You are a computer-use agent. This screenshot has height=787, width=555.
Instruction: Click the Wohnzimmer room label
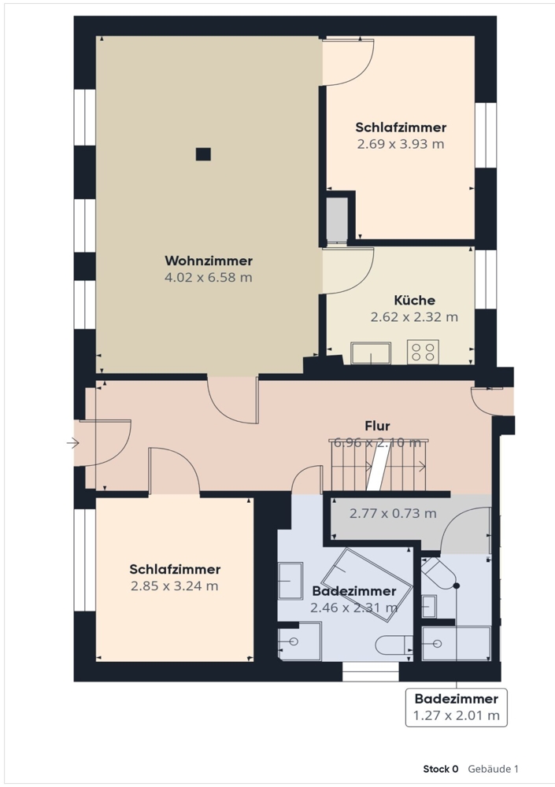[209, 261]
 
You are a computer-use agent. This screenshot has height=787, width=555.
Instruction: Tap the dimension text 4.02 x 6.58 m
[209, 277]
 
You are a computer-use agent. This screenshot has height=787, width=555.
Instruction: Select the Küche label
[414, 300]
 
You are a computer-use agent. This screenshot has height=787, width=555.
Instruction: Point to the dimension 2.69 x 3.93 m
[401, 144]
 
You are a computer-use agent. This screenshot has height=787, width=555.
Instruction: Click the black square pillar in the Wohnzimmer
[203, 154]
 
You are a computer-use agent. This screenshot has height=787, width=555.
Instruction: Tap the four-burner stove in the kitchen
[423, 351]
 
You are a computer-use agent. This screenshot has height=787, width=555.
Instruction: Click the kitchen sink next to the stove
[371, 353]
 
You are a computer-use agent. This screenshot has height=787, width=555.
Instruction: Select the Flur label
[377, 426]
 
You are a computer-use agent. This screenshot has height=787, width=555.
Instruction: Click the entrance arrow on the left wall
[73, 443]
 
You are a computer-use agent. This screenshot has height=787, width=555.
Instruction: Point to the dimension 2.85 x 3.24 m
[175, 586]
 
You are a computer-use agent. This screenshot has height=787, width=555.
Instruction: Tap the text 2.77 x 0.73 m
[393, 513]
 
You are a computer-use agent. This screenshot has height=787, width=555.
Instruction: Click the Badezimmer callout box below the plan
[457, 708]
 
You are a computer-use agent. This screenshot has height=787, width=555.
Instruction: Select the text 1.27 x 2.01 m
[457, 715]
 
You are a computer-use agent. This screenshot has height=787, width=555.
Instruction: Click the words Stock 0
[441, 769]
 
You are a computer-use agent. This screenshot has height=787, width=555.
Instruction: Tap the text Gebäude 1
[494, 769]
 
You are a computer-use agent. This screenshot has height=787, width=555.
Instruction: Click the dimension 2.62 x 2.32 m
[414, 317]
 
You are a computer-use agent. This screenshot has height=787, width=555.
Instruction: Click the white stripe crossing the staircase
[379, 467]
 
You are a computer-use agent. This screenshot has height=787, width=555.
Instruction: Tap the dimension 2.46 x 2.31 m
[354, 608]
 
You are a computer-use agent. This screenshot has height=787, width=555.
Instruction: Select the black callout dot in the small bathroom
[457, 586]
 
